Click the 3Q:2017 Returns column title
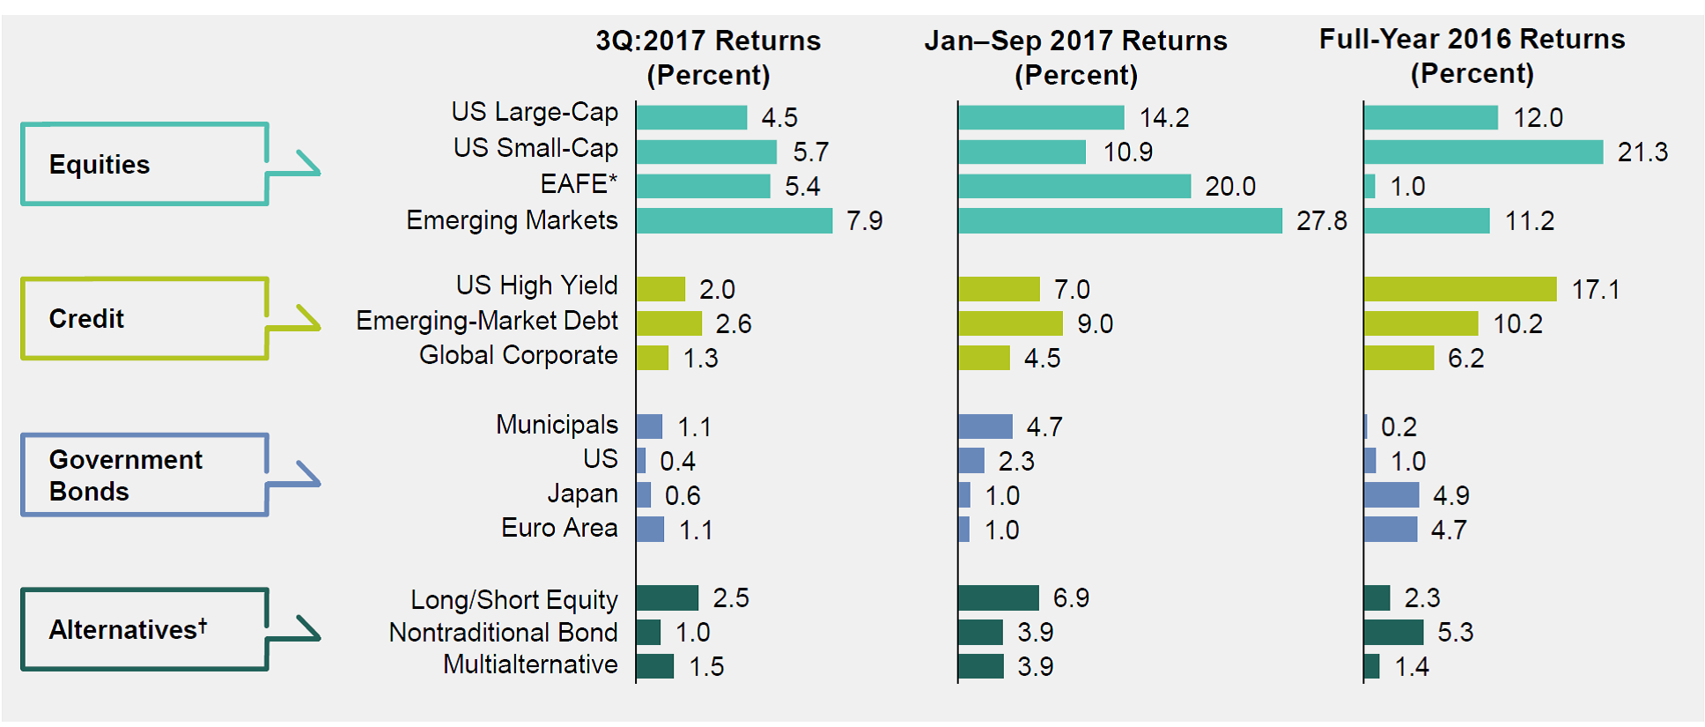point(708,57)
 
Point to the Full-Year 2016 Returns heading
point(1472,56)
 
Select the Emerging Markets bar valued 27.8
point(1119,221)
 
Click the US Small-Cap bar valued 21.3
point(1483,152)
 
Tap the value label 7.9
point(864,221)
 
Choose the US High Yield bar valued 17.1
point(1459,289)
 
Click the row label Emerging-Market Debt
point(486,322)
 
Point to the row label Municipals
point(557,425)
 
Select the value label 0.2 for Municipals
point(1399,427)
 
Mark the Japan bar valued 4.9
point(1391,495)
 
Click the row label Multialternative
point(530,664)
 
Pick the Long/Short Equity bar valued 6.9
point(999,598)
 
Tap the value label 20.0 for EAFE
point(1229,187)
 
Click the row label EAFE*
point(579,184)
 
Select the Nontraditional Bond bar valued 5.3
point(1393,633)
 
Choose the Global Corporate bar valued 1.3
point(652,359)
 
